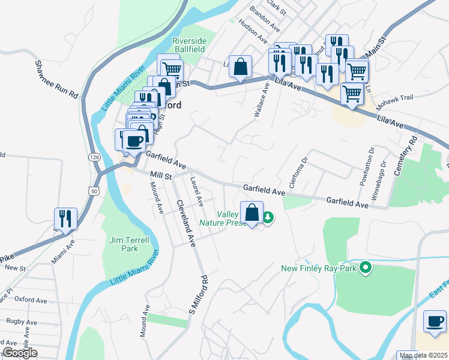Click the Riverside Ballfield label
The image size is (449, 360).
pos(189,45)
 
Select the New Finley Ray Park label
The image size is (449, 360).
pos(319,268)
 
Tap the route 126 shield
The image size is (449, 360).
pos(95,157)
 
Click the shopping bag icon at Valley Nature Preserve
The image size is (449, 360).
pos(252,213)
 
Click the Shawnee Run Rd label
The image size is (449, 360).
pos(57,79)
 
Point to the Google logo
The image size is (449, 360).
pos(20,353)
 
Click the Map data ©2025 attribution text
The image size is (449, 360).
pos(424,356)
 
